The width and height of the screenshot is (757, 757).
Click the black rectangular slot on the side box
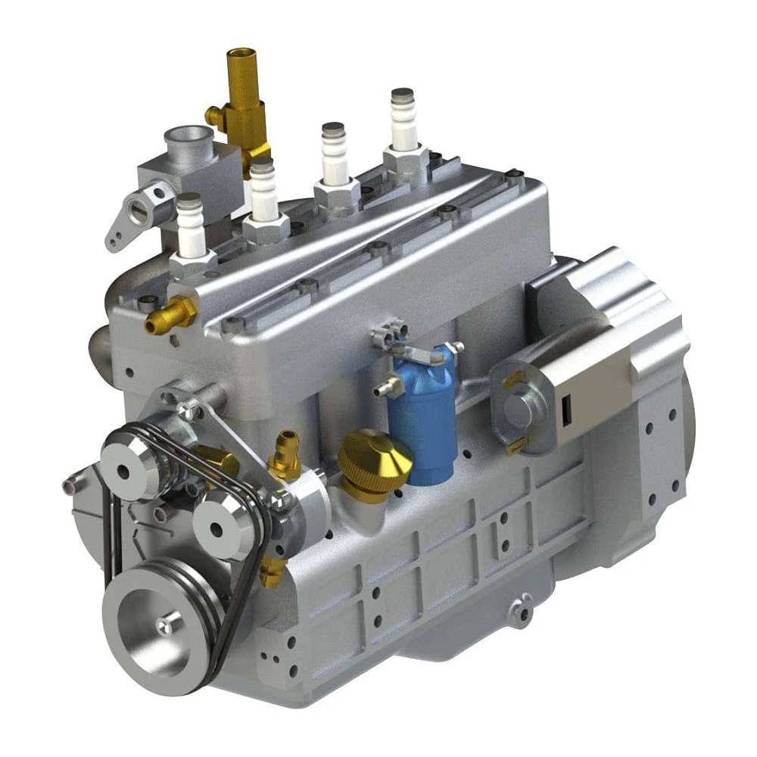565,413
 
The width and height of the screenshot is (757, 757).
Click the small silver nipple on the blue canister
384,389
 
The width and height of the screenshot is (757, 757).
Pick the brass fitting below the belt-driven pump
270,572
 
